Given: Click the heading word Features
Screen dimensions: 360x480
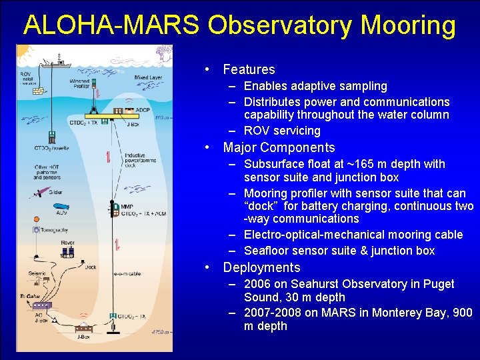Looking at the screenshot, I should [249, 69].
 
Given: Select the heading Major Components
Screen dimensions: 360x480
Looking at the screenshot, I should [279, 147].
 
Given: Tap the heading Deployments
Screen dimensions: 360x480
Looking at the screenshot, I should [261, 267].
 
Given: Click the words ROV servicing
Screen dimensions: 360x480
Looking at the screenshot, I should [282, 131].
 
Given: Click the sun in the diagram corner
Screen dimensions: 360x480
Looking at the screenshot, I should [23, 51].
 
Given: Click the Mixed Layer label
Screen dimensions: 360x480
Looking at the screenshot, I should [148, 78].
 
